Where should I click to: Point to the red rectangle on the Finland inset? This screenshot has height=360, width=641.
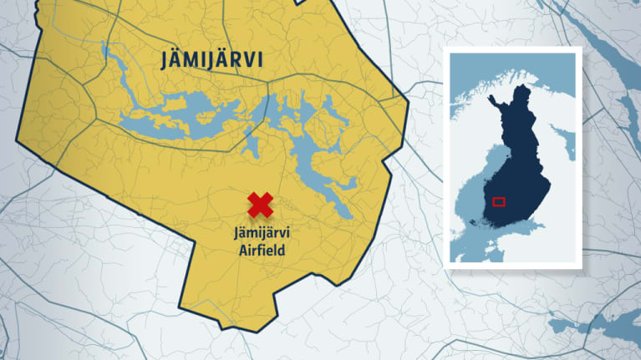[x=498, y=200]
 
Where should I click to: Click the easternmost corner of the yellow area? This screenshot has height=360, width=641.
[x=408, y=100]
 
